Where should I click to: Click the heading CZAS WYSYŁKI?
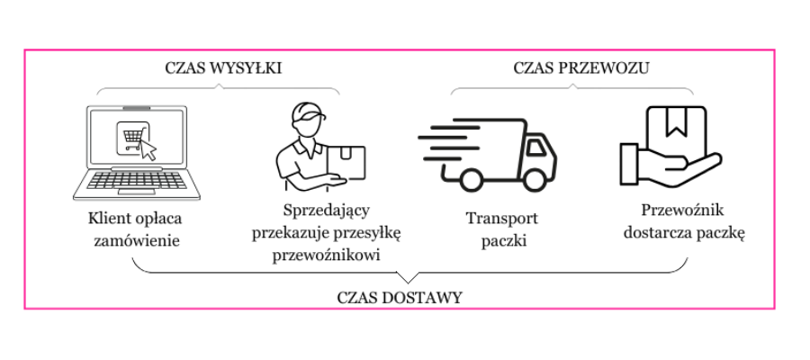click(224, 68)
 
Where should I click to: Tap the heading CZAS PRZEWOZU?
click(581, 68)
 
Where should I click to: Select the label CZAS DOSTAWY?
click(400, 298)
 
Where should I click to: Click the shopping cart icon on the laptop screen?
click(133, 139)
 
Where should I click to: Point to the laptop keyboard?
click(137, 180)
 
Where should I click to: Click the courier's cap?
click(308, 112)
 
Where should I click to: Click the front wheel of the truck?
click(534, 179)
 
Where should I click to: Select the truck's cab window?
click(536, 148)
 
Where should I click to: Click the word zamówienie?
click(137, 241)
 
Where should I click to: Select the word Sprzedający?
click(327, 211)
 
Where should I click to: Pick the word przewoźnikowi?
click(327, 256)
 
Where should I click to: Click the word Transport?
click(502, 219)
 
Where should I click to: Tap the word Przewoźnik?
click(683, 211)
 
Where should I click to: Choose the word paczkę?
click(720, 234)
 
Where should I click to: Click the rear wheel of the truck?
click(471, 179)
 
